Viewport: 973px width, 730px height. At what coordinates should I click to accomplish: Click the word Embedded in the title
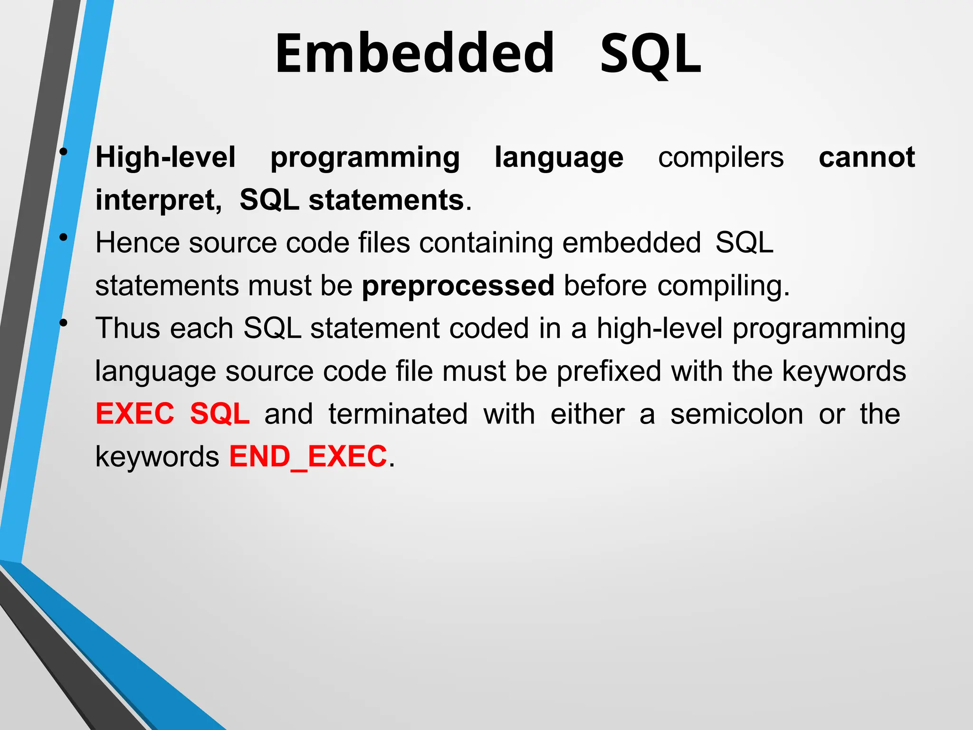[415, 53]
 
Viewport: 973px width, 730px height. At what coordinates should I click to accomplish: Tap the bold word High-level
[165, 157]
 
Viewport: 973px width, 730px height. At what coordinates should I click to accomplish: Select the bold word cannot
[867, 157]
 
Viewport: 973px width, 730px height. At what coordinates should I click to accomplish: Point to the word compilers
[720, 157]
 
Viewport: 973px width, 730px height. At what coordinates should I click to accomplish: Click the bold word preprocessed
[458, 286]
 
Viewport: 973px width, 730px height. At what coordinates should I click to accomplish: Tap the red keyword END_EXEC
[308, 457]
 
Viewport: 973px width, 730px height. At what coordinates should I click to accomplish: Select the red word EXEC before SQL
[135, 414]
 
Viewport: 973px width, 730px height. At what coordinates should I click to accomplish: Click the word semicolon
[736, 414]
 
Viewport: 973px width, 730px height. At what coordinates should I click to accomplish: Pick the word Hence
[137, 243]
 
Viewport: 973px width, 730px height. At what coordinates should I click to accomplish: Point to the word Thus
[128, 328]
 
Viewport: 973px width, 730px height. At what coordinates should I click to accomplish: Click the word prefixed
[609, 371]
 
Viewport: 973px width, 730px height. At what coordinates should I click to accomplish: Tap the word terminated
[398, 414]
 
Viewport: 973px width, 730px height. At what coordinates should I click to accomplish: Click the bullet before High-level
[63, 152]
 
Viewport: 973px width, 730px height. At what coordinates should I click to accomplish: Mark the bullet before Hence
[63, 238]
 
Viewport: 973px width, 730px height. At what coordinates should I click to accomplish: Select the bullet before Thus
[63, 323]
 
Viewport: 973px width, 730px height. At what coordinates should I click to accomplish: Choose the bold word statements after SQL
[386, 200]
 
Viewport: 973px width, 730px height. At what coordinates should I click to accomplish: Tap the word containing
[486, 243]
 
